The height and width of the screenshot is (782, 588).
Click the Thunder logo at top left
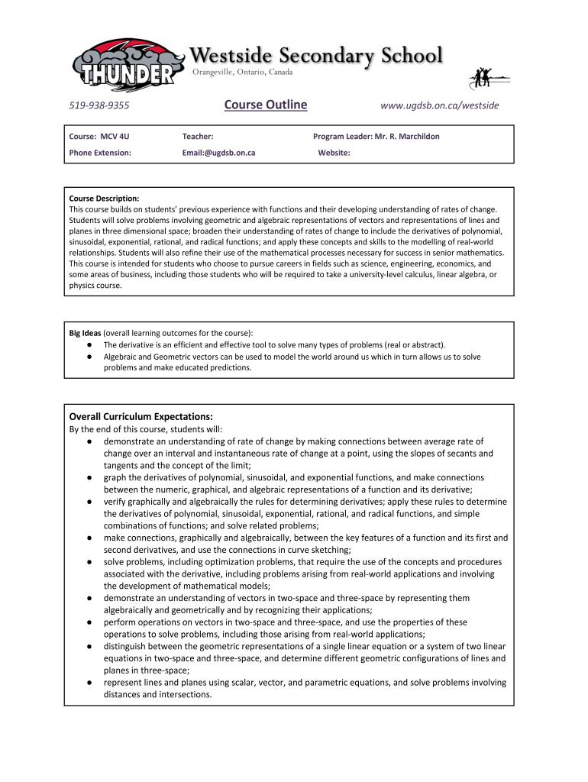pos(126,65)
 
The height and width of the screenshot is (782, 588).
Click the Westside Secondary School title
pos(315,56)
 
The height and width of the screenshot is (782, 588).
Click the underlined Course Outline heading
pos(266,105)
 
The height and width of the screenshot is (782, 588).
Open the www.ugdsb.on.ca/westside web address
pos(439,105)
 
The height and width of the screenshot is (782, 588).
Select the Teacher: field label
pos(198,137)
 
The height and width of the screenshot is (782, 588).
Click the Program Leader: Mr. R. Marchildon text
pos(376,137)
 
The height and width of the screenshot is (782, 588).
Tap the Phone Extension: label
pos(100,153)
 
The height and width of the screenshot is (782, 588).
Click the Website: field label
pos(334,153)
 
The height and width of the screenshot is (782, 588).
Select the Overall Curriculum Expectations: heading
pos(141,417)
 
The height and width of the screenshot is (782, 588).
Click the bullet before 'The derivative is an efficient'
pos(90,344)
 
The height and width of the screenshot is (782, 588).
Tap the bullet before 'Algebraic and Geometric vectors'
pos(90,357)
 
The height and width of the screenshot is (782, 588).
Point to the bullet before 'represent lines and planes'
pos(90,683)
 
